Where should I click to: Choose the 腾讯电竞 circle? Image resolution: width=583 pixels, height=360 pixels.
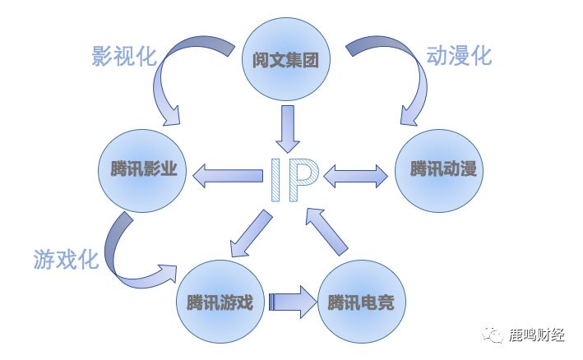coord(359,302)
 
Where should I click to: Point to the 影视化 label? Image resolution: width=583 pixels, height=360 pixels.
coord(123,56)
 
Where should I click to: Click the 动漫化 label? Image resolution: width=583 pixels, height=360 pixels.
coord(459,56)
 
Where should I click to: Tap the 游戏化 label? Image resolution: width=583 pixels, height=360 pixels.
coord(67,260)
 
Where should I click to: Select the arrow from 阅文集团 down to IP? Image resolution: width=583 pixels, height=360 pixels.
coord(287,127)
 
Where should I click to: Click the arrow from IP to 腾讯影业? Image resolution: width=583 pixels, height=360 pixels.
coord(227,173)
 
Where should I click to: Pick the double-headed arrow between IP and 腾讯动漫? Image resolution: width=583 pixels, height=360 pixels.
coord(356,174)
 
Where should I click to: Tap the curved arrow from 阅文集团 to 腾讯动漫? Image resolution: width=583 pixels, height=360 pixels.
coord(403,74)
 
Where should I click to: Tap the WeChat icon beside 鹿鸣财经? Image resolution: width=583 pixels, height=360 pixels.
coord(494,334)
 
